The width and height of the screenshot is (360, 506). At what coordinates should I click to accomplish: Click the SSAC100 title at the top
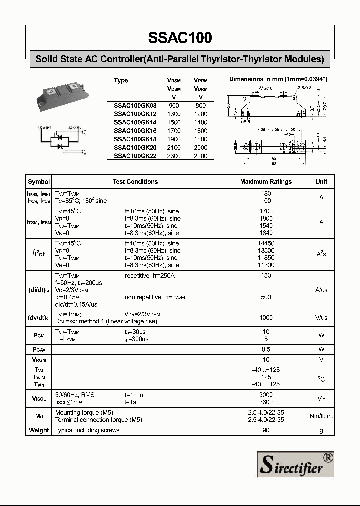coord(180,38)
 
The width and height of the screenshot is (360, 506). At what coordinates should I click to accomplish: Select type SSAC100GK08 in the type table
coord(135,106)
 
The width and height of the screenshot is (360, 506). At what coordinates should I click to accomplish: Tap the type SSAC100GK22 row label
coord(135,156)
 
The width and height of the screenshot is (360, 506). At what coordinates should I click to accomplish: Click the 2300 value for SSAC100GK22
coord(174,156)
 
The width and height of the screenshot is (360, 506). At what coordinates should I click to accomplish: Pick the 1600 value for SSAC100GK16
coord(200,131)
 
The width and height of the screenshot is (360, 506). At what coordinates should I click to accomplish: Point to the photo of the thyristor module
coord(62,97)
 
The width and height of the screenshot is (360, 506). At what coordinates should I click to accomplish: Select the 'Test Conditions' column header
coord(135,182)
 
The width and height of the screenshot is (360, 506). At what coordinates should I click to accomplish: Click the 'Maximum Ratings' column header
coord(266,182)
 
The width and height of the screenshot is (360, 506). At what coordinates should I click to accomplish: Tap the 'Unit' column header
coord(321,182)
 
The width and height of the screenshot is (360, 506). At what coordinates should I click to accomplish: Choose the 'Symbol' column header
coord(39,182)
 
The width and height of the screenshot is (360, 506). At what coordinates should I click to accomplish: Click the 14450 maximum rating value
coord(266,243)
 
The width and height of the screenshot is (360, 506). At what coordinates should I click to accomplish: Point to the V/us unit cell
coord(321,318)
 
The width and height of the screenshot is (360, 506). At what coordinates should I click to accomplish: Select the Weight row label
coord(39,430)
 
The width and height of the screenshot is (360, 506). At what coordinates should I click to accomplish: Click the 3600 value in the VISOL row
coord(266,402)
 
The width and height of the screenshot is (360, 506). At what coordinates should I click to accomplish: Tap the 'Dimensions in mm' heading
coord(278,79)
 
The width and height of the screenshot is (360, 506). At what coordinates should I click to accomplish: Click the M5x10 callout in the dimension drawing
coord(266,88)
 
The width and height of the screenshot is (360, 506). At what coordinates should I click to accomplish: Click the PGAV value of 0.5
coord(266,349)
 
